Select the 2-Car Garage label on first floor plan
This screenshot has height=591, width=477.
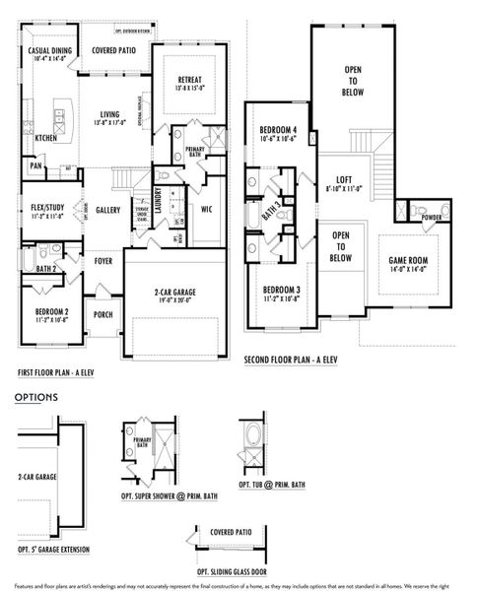pos(161,292)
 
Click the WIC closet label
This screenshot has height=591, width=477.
pos(207,209)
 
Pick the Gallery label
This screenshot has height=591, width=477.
pos(107,209)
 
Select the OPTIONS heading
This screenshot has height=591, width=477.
pos(35,398)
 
